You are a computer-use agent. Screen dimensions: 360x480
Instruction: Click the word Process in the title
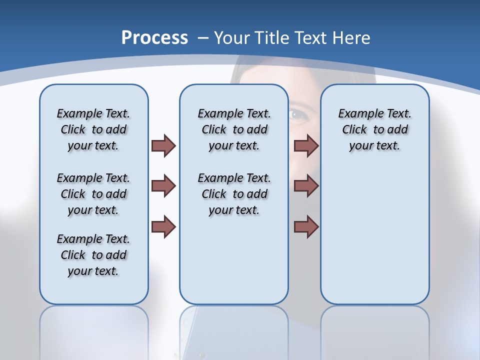point(154,37)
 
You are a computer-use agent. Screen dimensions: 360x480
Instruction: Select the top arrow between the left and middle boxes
point(163,145)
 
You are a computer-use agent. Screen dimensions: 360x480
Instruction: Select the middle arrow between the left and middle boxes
point(163,186)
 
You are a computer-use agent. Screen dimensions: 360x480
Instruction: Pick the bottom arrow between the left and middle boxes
point(163,226)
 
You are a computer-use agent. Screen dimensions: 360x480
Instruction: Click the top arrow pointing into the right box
point(306,145)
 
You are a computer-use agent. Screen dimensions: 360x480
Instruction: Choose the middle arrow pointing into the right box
point(306,186)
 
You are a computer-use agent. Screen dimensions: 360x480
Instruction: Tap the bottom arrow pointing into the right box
point(306,226)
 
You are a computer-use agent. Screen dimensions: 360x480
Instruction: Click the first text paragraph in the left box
point(93,129)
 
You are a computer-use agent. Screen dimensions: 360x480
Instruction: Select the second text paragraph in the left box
point(93,194)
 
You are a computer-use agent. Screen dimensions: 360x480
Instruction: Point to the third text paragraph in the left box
point(93,255)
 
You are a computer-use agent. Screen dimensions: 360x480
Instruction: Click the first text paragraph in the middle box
point(234,129)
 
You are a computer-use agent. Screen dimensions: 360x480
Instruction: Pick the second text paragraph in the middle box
point(234,194)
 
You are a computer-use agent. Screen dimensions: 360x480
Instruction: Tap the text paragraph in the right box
point(374,129)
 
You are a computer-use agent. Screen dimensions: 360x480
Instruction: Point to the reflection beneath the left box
point(94,330)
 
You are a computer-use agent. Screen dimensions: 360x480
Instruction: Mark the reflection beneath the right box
point(374,330)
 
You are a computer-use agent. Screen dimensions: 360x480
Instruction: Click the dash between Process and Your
point(203,38)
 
